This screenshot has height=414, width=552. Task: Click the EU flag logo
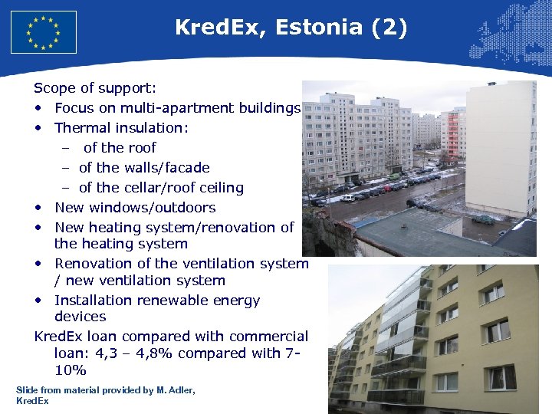[44, 31]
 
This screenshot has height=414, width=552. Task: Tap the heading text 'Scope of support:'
[95, 88]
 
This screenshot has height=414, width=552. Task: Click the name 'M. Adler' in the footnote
[175, 390]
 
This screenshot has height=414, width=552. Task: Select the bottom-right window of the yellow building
[502, 377]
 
